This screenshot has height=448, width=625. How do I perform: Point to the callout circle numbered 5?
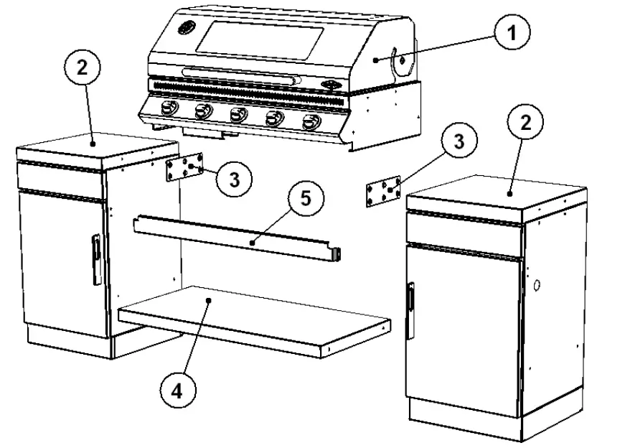click(306, 198)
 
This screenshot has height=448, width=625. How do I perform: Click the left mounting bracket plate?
click(184, 169)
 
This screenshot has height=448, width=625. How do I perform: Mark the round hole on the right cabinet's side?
click(536, 285)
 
